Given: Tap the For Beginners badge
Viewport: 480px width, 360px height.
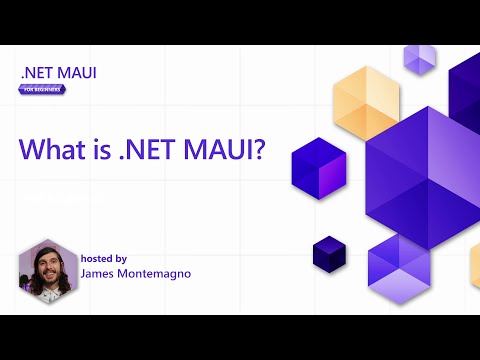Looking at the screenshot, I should coord(43,89).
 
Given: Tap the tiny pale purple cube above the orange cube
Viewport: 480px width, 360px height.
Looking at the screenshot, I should coord(419,58).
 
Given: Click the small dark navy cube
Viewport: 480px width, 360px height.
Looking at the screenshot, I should coord(328,252).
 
